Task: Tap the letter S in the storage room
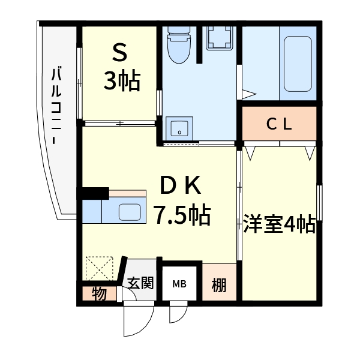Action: click(x=120, y=55)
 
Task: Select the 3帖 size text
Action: click(x=122, y=81)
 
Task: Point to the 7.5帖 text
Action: click(x=182, y=214)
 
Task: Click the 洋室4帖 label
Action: click(x=280, y=224)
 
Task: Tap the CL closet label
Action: click(x=279, y=124)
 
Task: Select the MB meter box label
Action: click(x=179, y=284)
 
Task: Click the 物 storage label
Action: click(x=99, y=295)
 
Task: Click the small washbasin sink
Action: click(x=179, y=128)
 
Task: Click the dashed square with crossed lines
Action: click(x=99, y=268)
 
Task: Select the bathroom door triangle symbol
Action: click(x=249, y=94)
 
